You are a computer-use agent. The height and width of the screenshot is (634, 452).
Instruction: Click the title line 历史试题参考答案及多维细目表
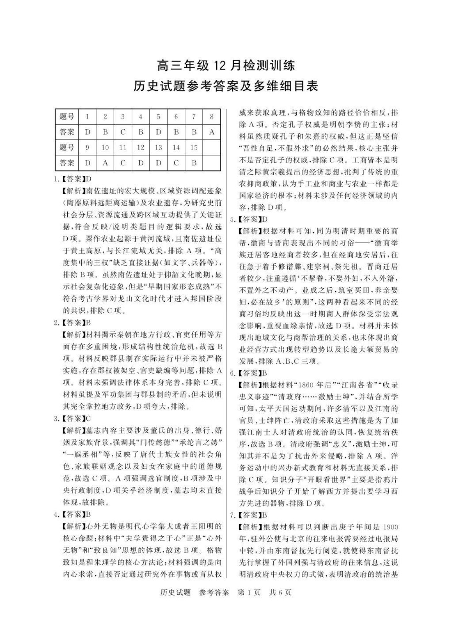coord(225,86)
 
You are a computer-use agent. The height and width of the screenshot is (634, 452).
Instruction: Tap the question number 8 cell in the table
coord(211,117)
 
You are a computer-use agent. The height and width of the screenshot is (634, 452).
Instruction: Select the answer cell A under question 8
coord(211,132)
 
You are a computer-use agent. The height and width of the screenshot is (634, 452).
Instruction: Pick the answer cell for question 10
coord(105,163)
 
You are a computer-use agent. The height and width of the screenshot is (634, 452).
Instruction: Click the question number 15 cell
coord(194,147)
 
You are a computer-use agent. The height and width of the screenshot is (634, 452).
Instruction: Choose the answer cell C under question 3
coord(123,132)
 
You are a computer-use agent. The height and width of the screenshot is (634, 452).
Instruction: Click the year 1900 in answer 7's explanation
coord(390,527)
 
